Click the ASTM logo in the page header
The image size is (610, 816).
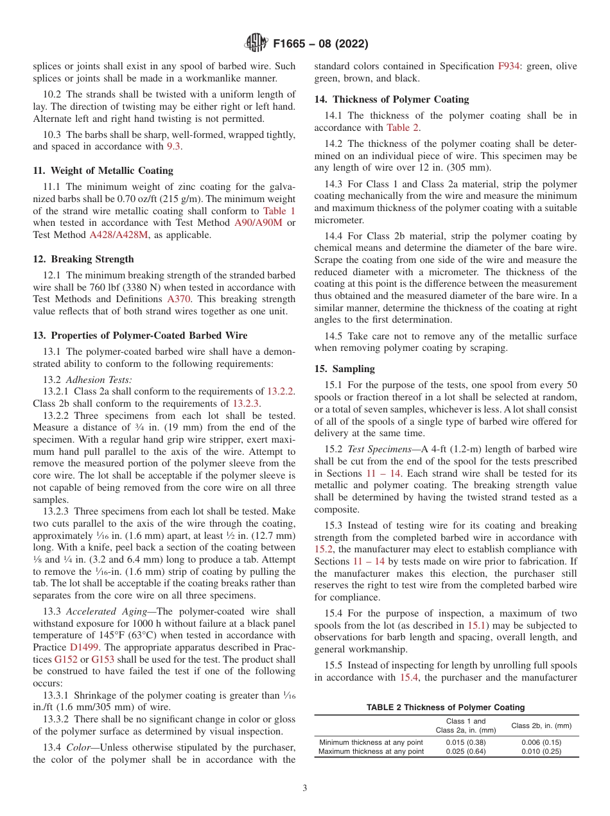[257, 44]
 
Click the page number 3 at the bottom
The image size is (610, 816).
[305, 788]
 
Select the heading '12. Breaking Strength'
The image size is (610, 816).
[83, 259]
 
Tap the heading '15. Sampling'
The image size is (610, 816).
[344, 369]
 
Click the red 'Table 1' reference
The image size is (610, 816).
[279, 210]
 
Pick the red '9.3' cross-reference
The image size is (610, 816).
[175, 146]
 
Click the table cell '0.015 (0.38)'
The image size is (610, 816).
[466, 742]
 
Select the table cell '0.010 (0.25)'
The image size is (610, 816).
[541, 751]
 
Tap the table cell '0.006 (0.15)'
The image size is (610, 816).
[541, 742]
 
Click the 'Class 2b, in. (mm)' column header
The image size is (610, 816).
[541, 726]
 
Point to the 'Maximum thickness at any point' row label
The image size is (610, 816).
[371, 751]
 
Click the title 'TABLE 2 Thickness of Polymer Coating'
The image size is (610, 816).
[446, 707]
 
